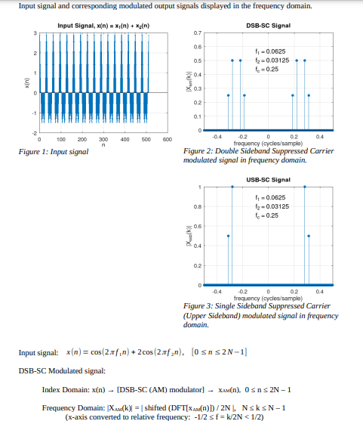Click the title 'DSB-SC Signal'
(269, 26)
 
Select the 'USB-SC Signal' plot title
(269, 179)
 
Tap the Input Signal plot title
(105, 26)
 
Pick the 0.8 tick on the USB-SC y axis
(198, 206)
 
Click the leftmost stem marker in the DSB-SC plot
(228, 95)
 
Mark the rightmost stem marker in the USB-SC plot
(309, 236)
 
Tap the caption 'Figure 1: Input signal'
(53, 152)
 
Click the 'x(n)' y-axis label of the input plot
(26, 84)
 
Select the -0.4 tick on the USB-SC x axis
(217, 291)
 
